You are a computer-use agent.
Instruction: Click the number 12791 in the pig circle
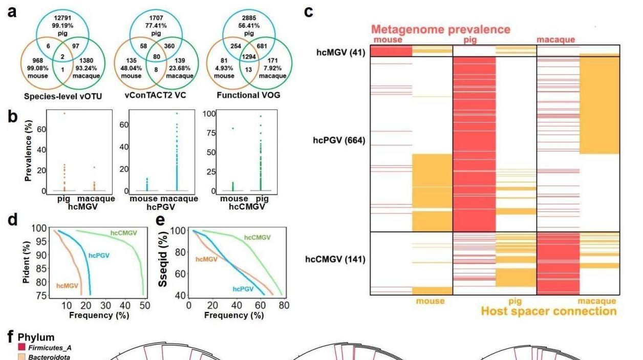coord(62,18)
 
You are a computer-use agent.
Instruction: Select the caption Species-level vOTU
coord(63,96)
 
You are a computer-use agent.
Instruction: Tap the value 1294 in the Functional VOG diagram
coord(249,56)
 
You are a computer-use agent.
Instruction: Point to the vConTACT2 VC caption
coord(155,95)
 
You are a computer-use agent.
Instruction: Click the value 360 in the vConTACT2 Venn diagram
coord(169,46)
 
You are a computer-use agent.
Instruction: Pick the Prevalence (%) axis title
coord(28,151)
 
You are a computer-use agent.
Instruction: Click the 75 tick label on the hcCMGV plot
coord(211,133)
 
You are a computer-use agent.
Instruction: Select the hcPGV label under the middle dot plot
coord(161,207)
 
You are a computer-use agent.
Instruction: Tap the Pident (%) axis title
coord(26,262)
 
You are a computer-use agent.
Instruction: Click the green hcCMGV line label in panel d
coord(124,233)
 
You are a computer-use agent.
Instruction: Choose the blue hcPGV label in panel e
coord(243,289)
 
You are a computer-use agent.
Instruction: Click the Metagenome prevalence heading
coord(441,30)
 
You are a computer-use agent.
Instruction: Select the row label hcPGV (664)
coord(339,140)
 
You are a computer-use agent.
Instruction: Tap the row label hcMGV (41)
coord(341,53)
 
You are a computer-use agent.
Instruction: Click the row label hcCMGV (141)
coord(335,260)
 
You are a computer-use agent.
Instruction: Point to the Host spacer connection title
coord(549,311)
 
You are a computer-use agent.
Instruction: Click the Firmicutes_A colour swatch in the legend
coord(22,347)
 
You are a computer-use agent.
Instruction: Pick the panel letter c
coord(308,12)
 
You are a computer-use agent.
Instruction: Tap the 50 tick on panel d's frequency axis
coord(145,305)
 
